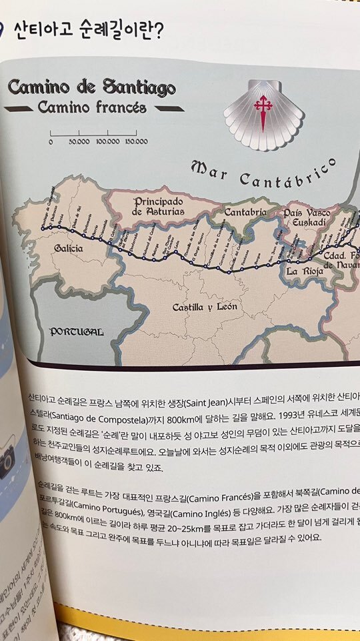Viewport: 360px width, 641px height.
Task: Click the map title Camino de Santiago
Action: tap(91, 87)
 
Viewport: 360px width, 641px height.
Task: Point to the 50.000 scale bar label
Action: tap(79, 141)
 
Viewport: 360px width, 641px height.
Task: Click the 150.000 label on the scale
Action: tap(135, 141)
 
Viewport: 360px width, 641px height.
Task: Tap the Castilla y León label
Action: tap(204, 307)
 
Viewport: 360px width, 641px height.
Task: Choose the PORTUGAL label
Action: tap(77, 332)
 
